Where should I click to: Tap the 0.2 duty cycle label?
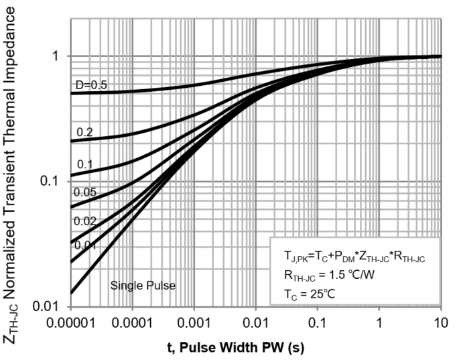[84, 132]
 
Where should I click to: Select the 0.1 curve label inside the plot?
[84, 164]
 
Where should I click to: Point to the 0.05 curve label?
[85, 192]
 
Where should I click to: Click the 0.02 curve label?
[85, 221]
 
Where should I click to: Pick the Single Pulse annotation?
[143, 286]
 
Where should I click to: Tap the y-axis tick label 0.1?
[52, 181]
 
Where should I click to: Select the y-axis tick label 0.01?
[50, 306]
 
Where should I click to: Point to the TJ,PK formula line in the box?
[355, 256]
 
